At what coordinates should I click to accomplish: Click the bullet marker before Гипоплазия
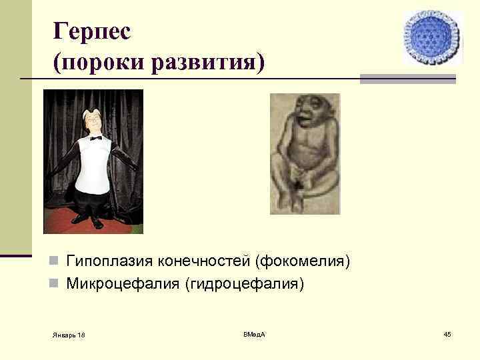pos(55,261)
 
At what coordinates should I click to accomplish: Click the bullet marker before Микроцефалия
pos(55,285)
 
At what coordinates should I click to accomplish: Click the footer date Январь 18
pos(69,334)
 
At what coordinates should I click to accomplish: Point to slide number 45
pos(447,333)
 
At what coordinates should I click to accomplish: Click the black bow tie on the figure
pos(96,138)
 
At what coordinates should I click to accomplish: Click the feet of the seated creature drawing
pos(293,199)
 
